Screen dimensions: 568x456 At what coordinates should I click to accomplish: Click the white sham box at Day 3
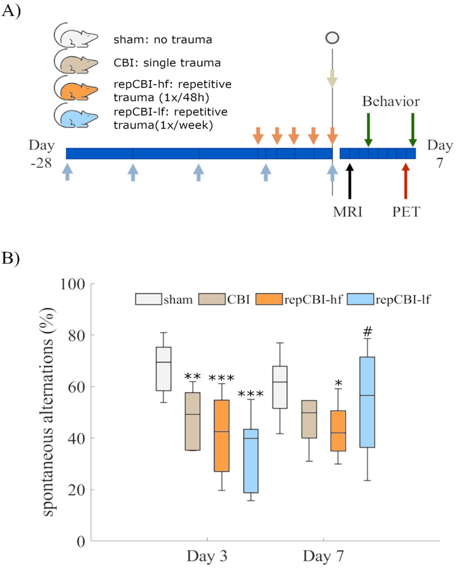(163, 369)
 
